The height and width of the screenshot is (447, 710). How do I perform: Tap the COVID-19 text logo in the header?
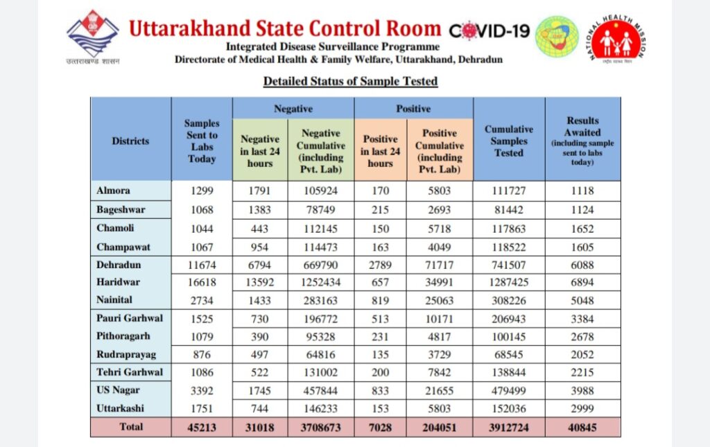click(x=490, y=31)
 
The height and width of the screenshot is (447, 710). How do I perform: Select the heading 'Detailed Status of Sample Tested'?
click(x=350, y=82)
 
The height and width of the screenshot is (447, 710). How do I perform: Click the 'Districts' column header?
click(x=130, y=141)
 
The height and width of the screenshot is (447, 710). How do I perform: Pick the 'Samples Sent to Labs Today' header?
click(x=202, y=141)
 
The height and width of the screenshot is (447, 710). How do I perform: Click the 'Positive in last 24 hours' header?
click(x=381, y=151)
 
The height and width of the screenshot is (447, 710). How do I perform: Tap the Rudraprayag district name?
click(x=126, y=355)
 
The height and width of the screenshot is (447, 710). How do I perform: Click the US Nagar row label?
click(x=118, y=390)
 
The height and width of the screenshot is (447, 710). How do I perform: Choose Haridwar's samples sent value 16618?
click(x=202, y=282)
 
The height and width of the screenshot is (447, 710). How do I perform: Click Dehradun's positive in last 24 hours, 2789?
click(x=381, y=265)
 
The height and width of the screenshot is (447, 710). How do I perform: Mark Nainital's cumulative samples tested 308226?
click(x=509, y=300)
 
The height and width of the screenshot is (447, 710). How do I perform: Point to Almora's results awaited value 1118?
click(x=582, y=191)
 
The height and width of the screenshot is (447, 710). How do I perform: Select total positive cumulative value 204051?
click(x=440, y=428)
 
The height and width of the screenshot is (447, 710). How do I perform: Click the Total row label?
click(x=131, y=427)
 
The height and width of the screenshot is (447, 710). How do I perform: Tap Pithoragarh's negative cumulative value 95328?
click(x=320, y=337)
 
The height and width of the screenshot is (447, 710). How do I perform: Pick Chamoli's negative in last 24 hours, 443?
click(x=259, y=229)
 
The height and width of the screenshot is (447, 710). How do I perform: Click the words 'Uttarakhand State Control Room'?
click(x=285, y=28)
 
